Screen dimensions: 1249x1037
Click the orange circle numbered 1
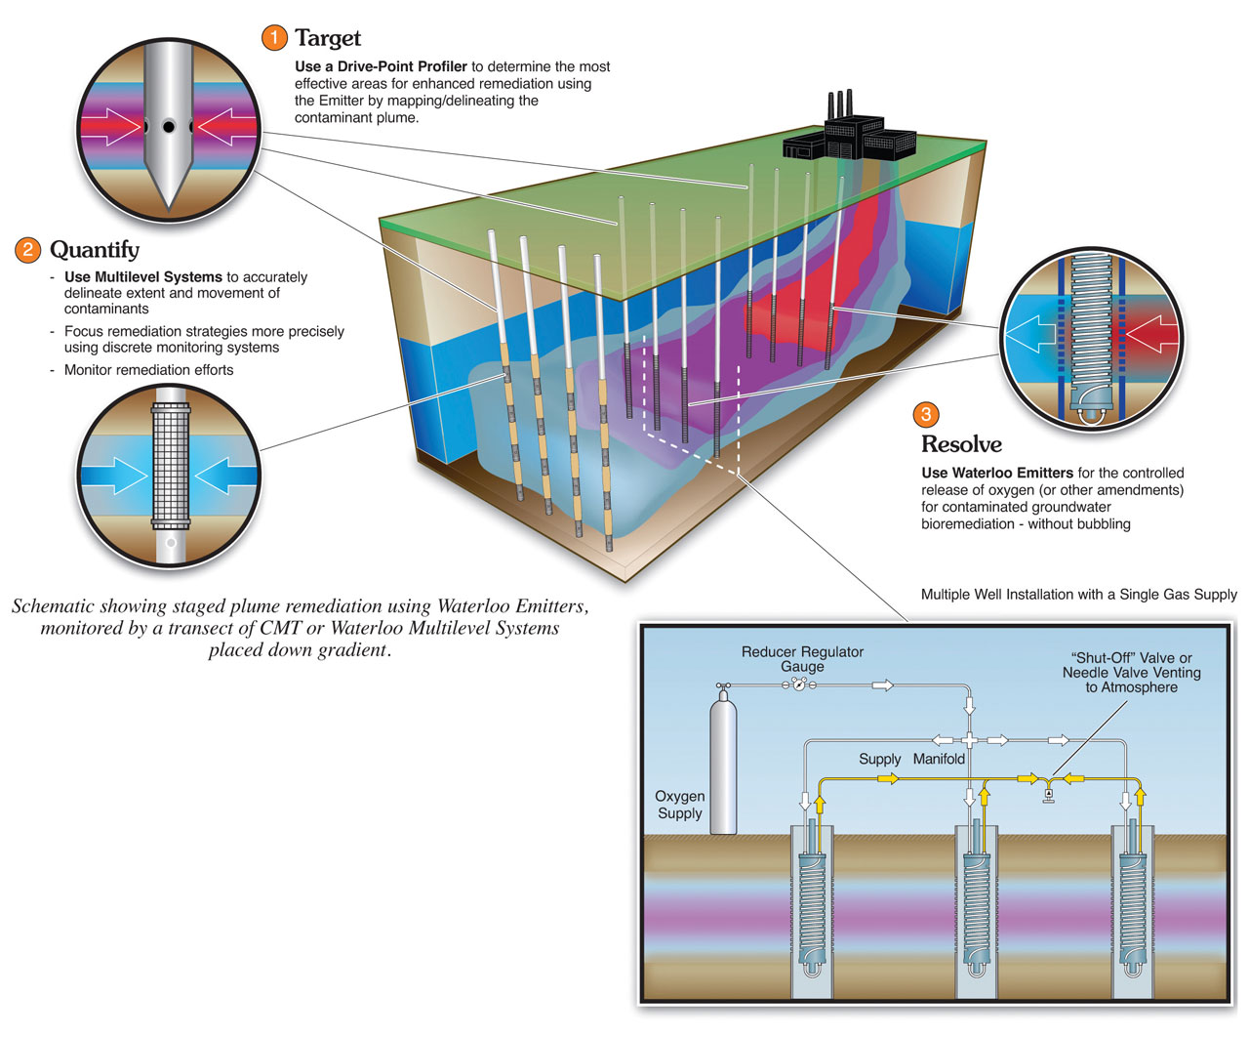pos(274,38)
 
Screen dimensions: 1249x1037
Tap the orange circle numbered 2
pos(27,250)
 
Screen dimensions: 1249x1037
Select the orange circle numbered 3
pos(925,414)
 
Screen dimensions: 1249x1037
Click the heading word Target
pos(328,38)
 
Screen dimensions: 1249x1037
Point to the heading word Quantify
pos(95,250)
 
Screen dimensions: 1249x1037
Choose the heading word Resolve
pos(961,444)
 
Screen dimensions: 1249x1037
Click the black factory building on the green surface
pos(849,132)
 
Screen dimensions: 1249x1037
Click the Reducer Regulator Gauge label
pos(802,658)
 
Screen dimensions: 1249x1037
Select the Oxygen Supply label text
pos(679,804)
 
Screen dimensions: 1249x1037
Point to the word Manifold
pos(939,759)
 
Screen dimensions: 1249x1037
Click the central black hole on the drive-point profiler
pos(169,126)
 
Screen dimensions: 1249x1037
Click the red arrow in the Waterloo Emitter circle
pos(1151,334)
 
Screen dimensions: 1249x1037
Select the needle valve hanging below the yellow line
pos(1048,795)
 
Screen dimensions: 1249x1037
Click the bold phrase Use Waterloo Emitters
pos(997,473)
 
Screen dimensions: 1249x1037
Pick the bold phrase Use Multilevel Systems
pos(143,276)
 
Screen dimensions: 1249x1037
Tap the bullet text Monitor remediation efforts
pos(148,369)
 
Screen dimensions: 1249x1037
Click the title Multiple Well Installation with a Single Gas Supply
pos(1078,594)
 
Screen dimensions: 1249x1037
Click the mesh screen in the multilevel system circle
pos(171,465)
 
